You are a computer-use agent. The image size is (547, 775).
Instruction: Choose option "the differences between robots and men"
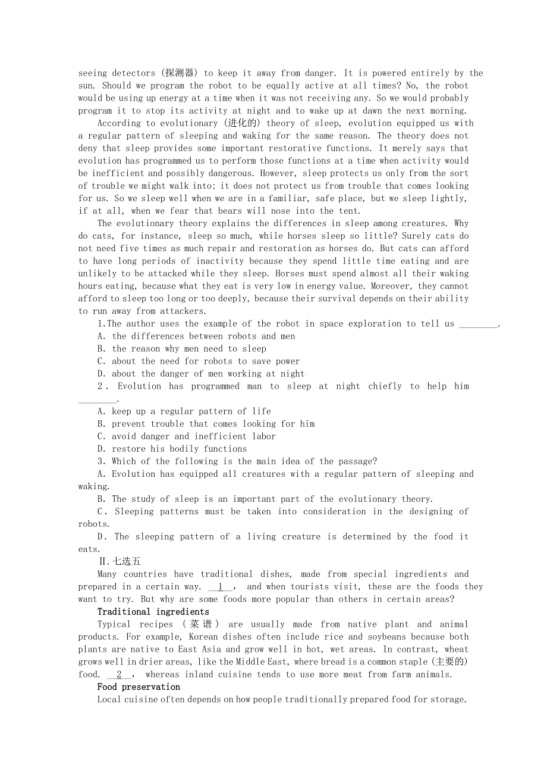[203, 336]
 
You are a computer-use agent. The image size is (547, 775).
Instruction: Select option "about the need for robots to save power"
[206, 361]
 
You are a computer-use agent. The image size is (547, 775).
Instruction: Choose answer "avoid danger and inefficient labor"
[194, 436]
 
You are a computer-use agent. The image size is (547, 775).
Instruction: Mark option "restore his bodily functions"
[179, 449]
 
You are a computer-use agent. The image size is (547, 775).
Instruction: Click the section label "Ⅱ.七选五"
[120, 561]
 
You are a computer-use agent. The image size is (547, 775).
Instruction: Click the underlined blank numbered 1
[220, 587]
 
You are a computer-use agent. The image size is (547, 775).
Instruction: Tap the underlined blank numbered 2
[119, 674]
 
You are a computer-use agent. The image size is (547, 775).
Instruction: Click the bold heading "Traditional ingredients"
[153, 612]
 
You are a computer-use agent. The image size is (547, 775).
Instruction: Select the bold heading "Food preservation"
[139, 687]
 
